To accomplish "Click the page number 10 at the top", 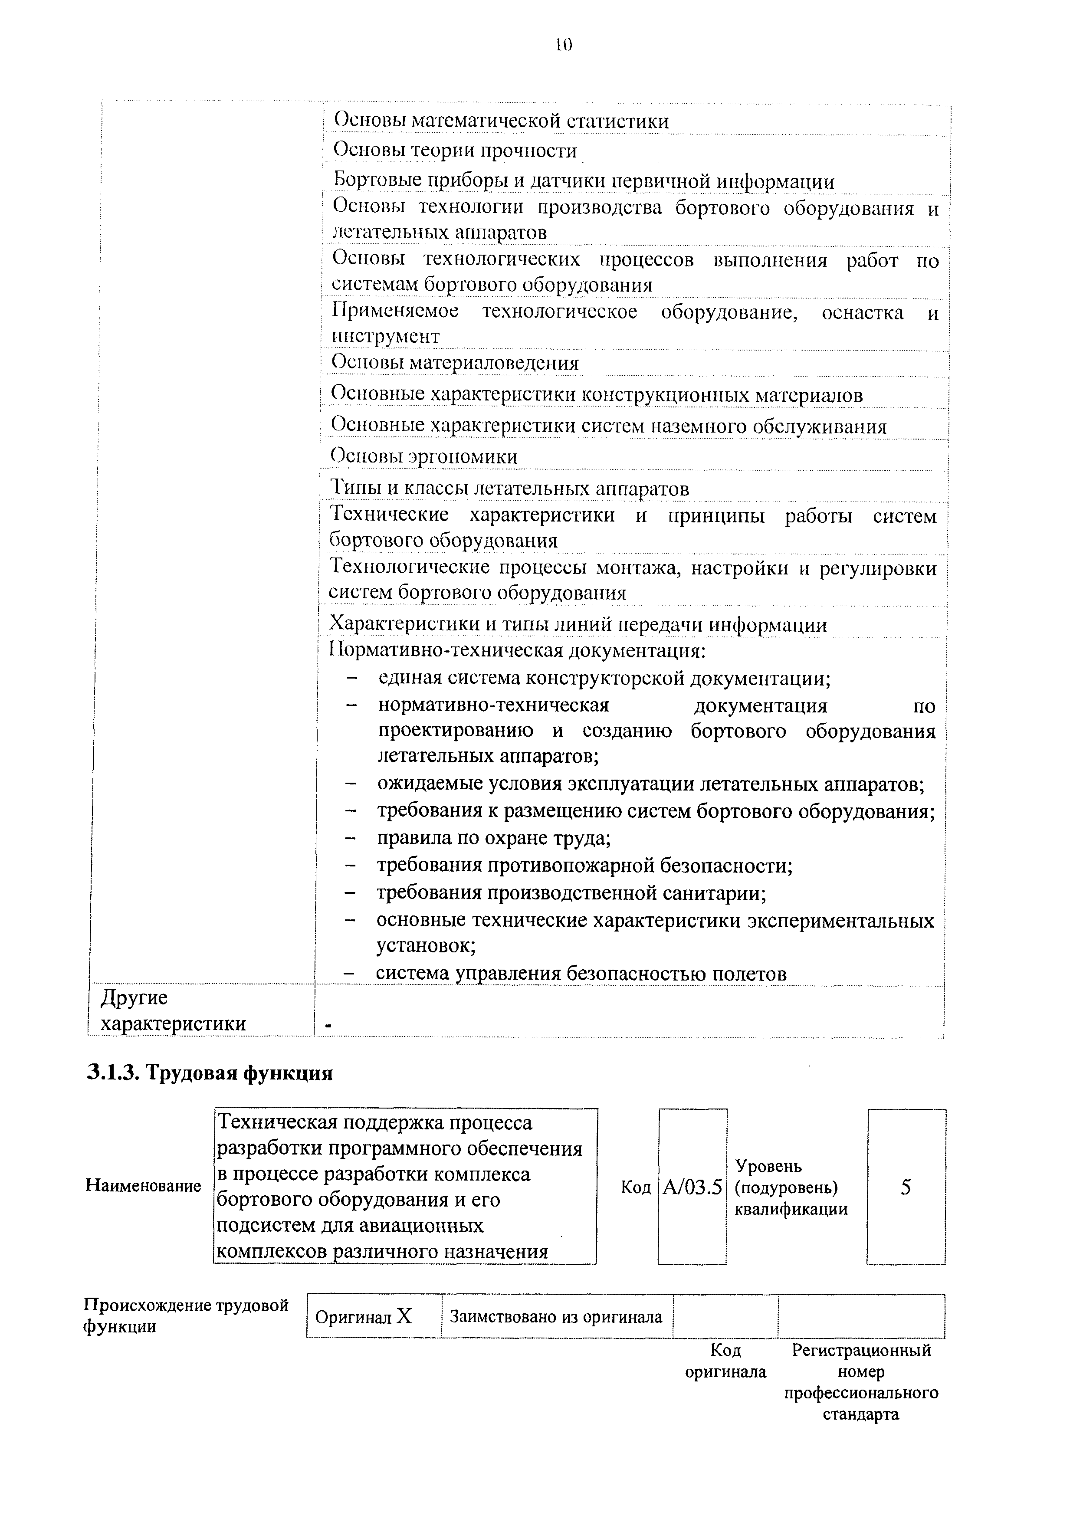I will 564,45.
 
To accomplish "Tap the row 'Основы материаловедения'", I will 456,363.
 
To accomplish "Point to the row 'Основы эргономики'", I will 425,457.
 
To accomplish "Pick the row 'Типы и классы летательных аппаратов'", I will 510,489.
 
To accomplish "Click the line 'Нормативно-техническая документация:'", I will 518,649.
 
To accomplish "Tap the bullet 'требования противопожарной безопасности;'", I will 585,865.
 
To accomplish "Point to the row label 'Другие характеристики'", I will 173,1010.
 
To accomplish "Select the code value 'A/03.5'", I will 693,1187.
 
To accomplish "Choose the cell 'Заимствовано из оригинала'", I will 556,1317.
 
